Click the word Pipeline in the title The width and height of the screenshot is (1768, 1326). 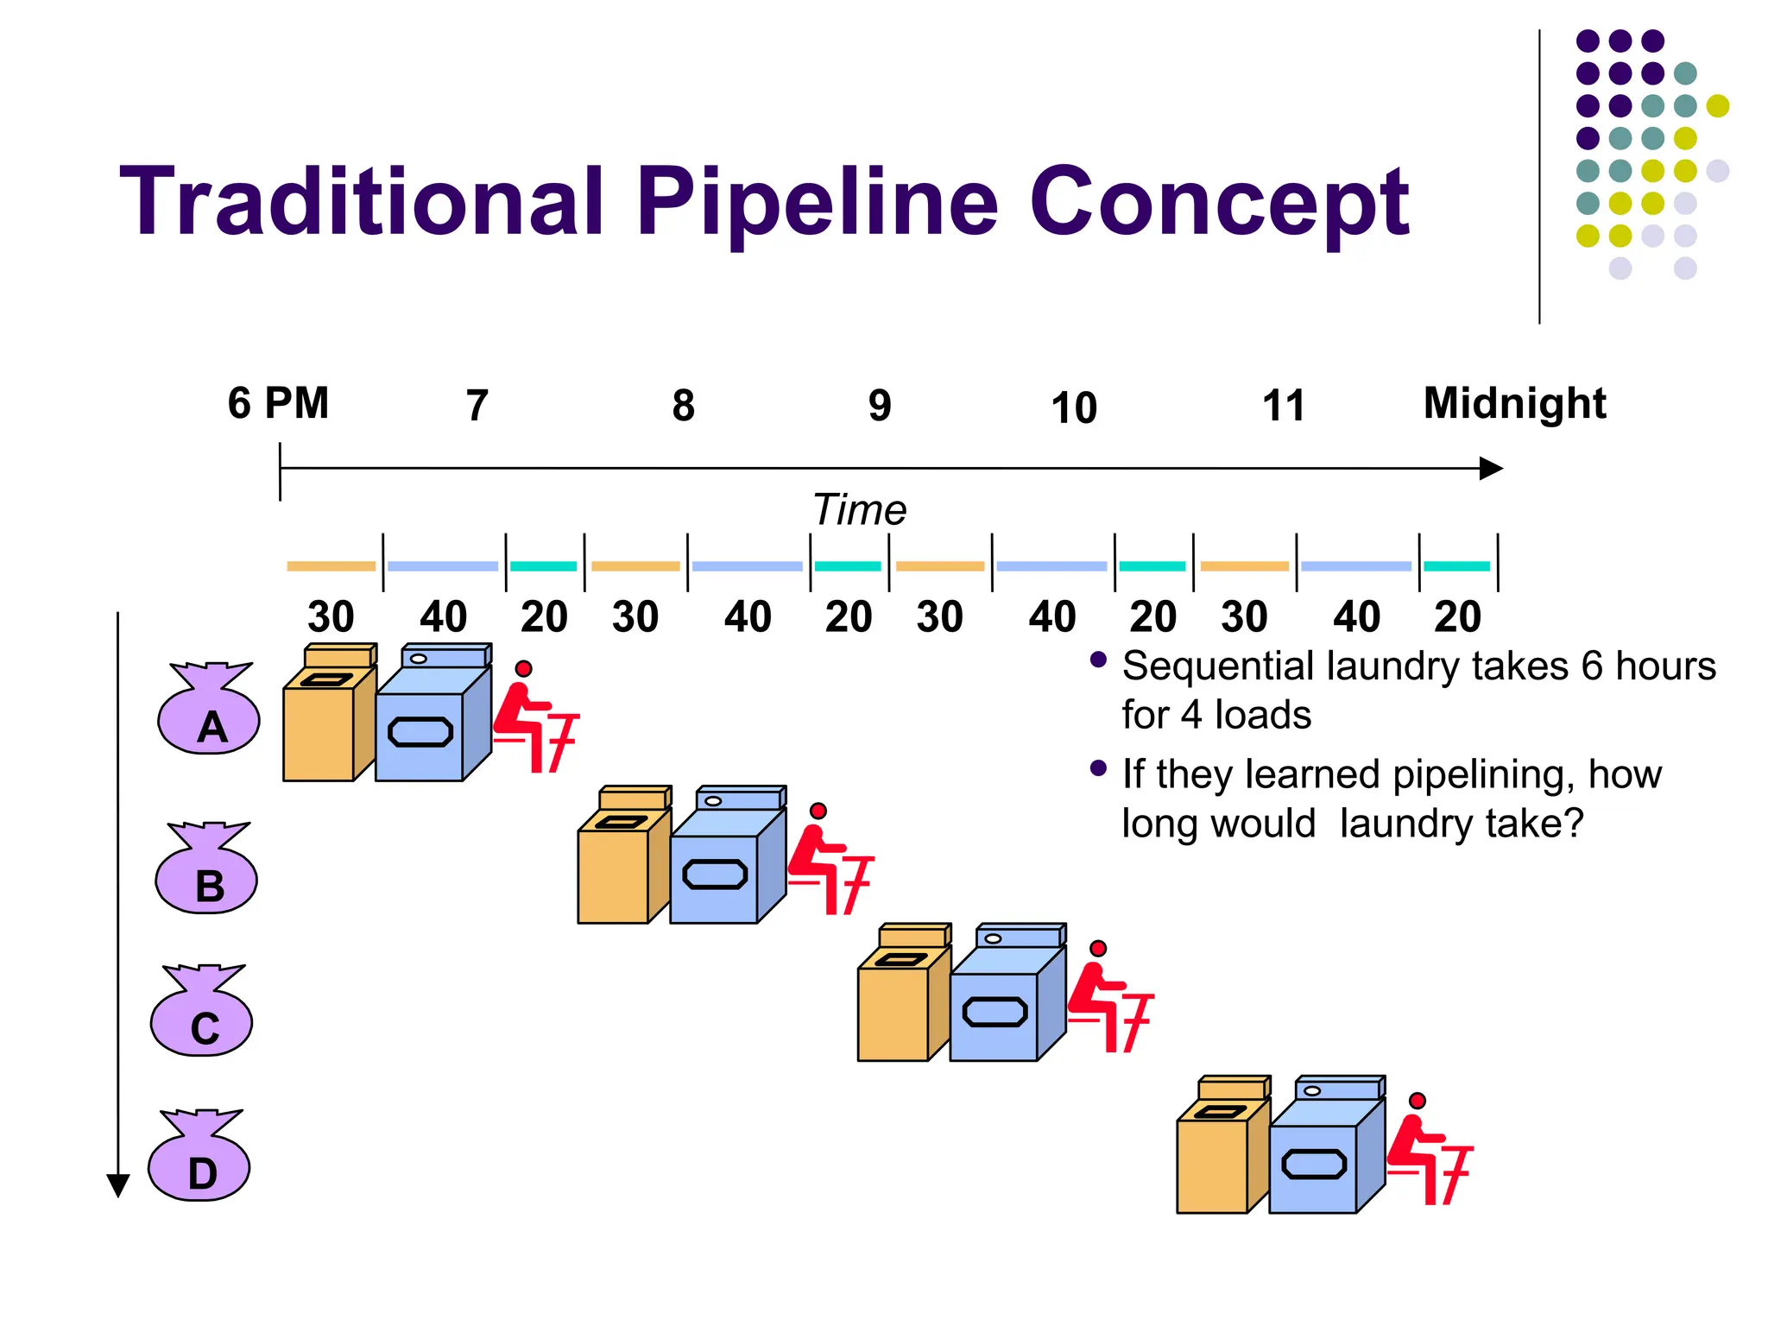click(817, 204)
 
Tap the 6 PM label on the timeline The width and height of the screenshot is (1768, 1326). click(278, 403)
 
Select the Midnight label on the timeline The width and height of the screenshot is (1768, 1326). click(1514, 403)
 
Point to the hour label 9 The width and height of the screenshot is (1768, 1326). click(879, 406)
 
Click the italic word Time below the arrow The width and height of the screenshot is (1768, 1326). click(859, 509)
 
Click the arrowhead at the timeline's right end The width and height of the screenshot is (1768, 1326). click(1491, 469)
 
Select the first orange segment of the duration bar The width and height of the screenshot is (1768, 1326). click(331, 566)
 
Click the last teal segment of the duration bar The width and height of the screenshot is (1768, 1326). click(1456, 566)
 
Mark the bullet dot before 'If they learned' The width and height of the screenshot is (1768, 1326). click(1098, 768)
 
